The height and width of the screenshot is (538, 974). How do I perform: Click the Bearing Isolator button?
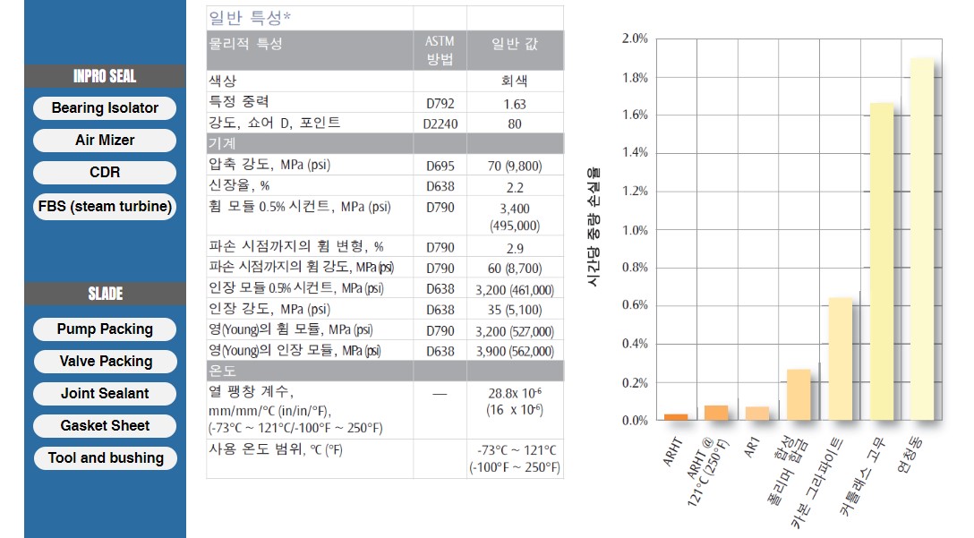coord(105,108)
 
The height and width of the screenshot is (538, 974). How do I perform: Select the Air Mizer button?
coord(105,141)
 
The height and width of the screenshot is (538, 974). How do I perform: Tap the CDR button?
coord(105,173)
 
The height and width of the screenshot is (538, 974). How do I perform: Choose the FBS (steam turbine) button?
coord(105,207)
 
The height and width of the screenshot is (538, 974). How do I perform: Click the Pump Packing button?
coord(105,329)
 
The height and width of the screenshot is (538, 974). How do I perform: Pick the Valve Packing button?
coord(106,362)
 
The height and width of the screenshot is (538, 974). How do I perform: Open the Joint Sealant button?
coord(105,394)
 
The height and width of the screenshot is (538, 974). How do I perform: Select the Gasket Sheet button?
coord(105,426)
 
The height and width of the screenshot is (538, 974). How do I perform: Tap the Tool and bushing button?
coord(106,458)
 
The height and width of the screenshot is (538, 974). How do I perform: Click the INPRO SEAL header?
coord(105,76)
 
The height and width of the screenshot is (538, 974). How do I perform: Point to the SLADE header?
coord(105,294)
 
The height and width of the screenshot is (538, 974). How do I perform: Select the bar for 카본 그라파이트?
coord(840,358)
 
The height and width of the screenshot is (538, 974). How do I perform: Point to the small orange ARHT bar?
coord(676,416)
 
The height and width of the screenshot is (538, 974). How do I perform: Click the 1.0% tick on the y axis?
coord(635,230)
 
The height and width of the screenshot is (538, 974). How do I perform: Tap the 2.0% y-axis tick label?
coord(635,38)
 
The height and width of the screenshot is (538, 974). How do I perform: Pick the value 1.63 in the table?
coord(514,104)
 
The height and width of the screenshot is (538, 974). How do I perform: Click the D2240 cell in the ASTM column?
coord(440,124)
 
